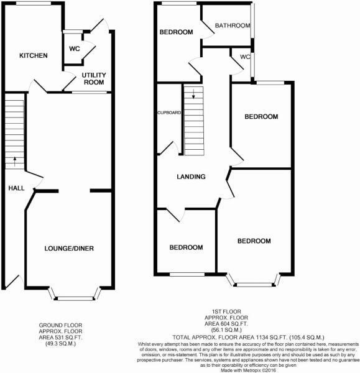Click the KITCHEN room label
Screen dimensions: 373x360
34,56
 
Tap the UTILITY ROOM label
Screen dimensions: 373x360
94,78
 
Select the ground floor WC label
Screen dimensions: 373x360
74,48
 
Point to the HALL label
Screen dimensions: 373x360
15,188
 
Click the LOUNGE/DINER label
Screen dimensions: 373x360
69,249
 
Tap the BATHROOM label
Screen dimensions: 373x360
233,25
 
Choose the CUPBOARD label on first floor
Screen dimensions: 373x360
168,113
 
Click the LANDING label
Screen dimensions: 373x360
191,177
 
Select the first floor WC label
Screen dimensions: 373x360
245,57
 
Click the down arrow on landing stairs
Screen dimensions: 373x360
193,95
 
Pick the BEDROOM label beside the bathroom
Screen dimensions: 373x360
176,32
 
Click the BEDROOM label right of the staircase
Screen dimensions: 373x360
261,117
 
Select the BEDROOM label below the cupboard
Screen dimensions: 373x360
187,247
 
